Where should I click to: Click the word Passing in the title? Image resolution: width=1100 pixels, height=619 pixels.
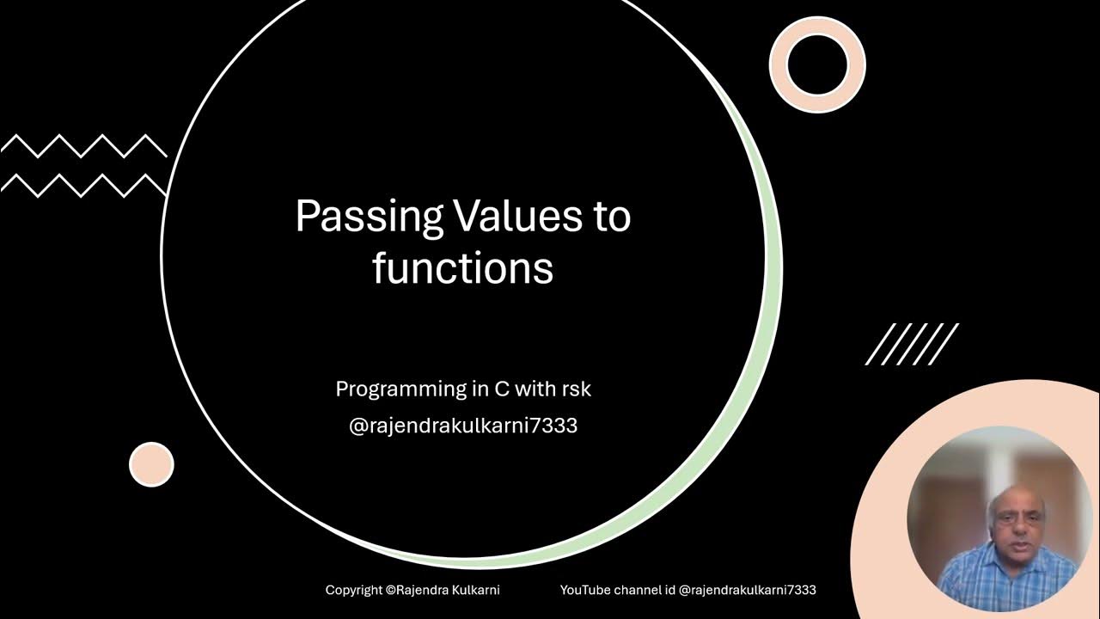(x=369, y=217)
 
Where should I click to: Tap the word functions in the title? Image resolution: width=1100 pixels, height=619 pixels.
(x=463, y=268)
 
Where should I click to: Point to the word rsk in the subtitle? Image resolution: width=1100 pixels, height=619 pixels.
(x=575, y=389)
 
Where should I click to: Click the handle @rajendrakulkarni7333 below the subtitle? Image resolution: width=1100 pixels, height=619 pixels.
(x=463, y=426)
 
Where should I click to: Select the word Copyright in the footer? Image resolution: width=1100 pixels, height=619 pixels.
(x=354, y=591)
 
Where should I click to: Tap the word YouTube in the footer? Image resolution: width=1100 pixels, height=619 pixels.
(x=585, y=591)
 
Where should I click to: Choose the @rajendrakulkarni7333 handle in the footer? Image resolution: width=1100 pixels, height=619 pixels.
(x=747, y=591)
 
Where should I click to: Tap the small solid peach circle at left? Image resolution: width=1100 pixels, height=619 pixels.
(x=151, y=464)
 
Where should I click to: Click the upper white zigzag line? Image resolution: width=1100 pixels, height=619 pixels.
(x=83, y=146)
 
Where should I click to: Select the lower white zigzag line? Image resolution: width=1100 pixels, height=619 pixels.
(x=83, y=185)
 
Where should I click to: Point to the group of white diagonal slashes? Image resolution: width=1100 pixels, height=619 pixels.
(x=912, y=344)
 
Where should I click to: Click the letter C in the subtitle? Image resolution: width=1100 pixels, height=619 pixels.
(x=500, y=389)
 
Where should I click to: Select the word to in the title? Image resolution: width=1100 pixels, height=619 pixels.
(x=611, y=217)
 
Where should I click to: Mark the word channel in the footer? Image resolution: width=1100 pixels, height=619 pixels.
(x=644, y=591)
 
